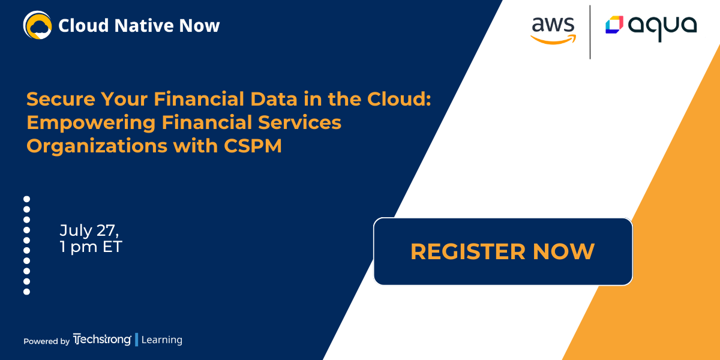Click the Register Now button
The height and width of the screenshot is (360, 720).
coord(503,251)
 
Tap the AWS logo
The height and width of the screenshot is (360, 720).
coord(553,30)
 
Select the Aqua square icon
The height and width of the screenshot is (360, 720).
coord(614,25)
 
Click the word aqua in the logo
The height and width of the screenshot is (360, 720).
coord(662,28)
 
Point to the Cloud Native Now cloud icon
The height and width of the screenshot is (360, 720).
coord(38,25)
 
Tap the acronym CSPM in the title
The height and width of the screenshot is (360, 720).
coord(253,146)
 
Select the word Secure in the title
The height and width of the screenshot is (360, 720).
coord(61,98)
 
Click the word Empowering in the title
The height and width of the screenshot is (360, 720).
coord(91,123)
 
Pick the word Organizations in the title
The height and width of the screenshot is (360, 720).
coord(97,146)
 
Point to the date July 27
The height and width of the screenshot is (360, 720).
coord(89,230)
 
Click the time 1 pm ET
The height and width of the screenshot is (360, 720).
coord(91,247)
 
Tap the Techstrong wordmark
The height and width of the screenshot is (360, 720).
coord(102,340)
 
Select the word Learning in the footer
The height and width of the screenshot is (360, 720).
coord(161,340)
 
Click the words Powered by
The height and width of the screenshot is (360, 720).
coord(47,341)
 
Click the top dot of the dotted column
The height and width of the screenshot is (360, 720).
coord(26,199)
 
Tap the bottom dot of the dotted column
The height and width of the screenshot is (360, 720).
coord(26,292)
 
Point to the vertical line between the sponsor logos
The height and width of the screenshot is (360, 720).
coord(590,32)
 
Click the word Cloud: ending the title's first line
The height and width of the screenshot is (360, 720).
coord(399,98)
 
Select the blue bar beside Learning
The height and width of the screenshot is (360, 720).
coord(137,340)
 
